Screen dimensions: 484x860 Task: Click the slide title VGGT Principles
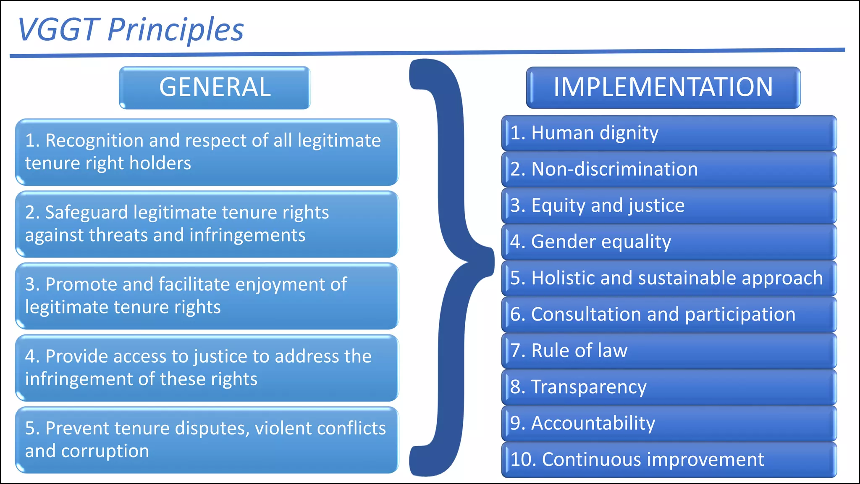click(131, 29)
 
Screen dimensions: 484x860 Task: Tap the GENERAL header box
click(215, 87)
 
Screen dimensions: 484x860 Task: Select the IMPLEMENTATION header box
click(663, 87)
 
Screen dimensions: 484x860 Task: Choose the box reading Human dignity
click(669, 133)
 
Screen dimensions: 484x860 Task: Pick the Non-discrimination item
click(669, 169)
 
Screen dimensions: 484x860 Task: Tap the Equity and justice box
click(669, 205)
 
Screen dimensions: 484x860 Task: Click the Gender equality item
click(669, 242)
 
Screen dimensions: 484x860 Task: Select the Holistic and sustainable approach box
click(669, 278)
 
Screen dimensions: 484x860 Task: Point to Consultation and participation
click(669, 314)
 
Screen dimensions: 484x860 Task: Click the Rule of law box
click(669, 350)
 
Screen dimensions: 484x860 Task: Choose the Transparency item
click(669, 387)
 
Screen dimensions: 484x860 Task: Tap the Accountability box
click(669, 423)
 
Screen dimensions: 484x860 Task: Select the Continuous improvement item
click(669, 459)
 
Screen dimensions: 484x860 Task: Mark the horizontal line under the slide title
click(427, 53)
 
